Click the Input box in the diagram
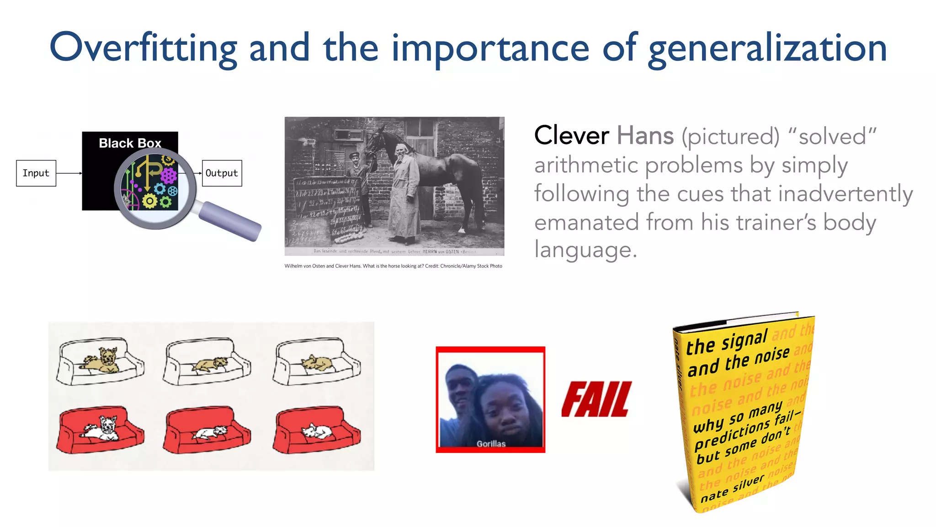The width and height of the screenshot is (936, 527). [x=36, y=173]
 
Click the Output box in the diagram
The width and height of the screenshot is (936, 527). [x=222, y=173]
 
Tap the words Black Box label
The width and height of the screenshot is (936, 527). [x=130, y=143]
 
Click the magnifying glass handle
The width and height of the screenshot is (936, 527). [x=231, y=222]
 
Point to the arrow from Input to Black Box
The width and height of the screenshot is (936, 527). [x=69, y=173]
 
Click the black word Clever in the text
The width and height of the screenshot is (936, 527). [x=571, y=136]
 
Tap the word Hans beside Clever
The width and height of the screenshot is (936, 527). [x=645, y=136]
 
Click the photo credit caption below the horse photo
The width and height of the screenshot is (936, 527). [x=393, y=266]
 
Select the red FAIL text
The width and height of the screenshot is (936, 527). [x=596, y=399]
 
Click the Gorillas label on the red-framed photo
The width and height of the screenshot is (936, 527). [x=491, y=443]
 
